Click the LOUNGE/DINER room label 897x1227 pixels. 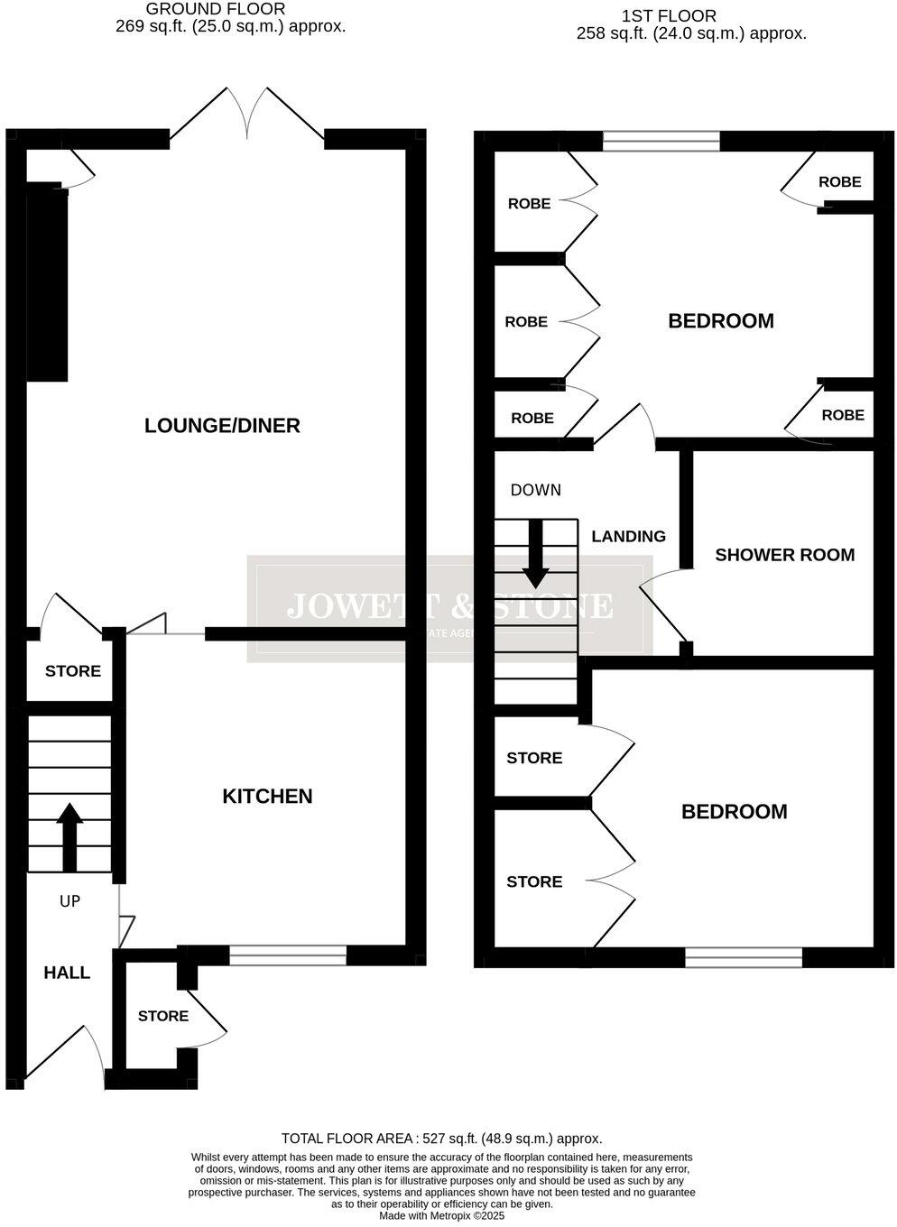point(222,426)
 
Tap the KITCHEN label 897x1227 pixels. point(267,796)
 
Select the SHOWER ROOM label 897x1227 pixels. point(784,555)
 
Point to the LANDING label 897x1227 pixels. point(628,536)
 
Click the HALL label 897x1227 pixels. point(67,973)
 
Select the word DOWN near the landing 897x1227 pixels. point(535,490)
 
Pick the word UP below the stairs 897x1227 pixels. point(69,900)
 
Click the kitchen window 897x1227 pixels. point(288,955)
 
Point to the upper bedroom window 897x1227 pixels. point(661,141)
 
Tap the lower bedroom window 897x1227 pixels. point(744,957)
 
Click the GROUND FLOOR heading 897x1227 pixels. point(216,9)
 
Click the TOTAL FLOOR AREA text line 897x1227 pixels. point(441,1139)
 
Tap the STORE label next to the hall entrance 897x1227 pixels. point(162,1016)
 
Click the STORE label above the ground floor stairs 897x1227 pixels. point(73,671)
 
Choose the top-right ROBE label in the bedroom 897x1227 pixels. point(839,181)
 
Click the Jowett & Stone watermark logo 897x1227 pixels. point(449,607)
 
